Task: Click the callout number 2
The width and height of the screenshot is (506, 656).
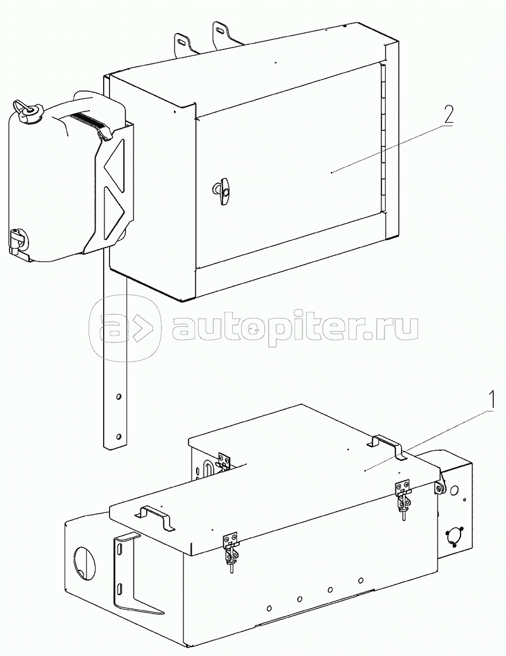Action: tap(448, 114)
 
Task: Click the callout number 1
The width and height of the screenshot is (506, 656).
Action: tap(492, 400)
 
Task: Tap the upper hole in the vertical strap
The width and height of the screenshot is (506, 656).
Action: tap(118, 396)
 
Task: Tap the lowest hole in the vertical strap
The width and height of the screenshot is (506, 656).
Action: tap(118, 437)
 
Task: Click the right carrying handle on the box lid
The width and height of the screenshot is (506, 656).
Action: tap(388, 447)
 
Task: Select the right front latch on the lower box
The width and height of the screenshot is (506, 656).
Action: tap(403, 498)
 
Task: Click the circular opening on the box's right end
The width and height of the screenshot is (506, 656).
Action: tap(452, 536)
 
